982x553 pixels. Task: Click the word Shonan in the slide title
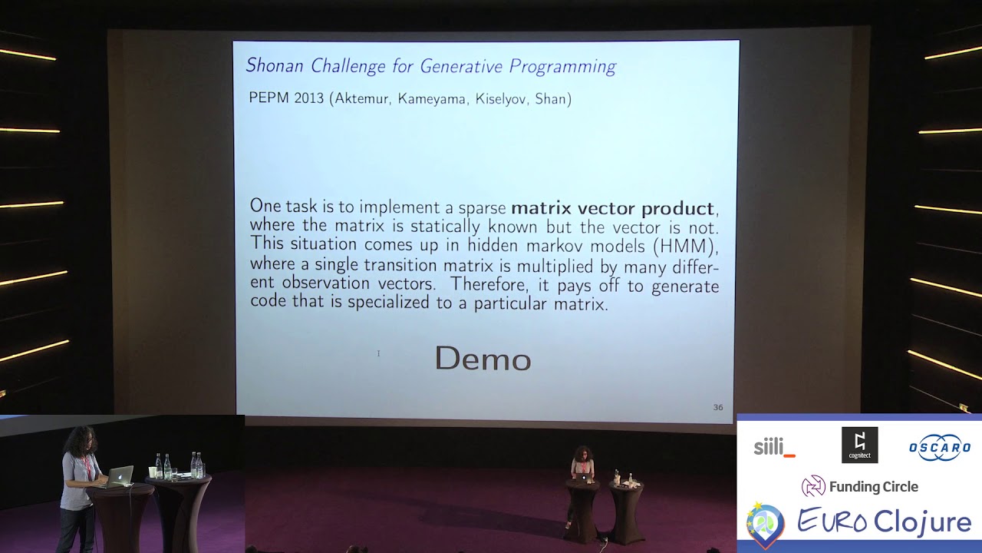[x=275, y=66]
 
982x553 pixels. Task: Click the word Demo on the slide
[x=483, y=359]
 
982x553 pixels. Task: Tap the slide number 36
[x=718, y=407]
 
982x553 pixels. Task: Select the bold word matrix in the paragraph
[x=542, y=208]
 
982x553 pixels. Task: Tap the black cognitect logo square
[x=859, y=445]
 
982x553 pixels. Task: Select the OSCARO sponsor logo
[x=940, y=448]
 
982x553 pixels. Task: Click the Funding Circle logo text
[x=873, y=486]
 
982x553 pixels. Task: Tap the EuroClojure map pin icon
[x=766, y=524]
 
